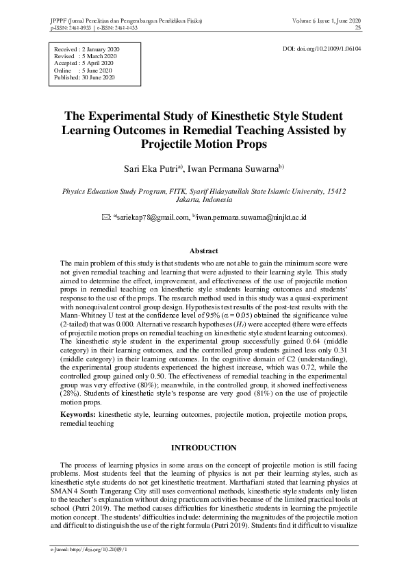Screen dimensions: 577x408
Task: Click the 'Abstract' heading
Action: coord(203,251)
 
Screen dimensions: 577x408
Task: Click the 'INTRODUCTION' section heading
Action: coord(203,448)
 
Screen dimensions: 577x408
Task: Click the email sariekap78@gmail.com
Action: coord(152,217)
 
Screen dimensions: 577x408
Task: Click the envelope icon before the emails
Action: coord(105,217)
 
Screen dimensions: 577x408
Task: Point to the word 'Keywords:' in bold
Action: coord(77,415)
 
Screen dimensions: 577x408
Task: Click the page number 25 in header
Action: coord(357,29)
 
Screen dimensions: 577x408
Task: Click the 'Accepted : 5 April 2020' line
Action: coord(83,64)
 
